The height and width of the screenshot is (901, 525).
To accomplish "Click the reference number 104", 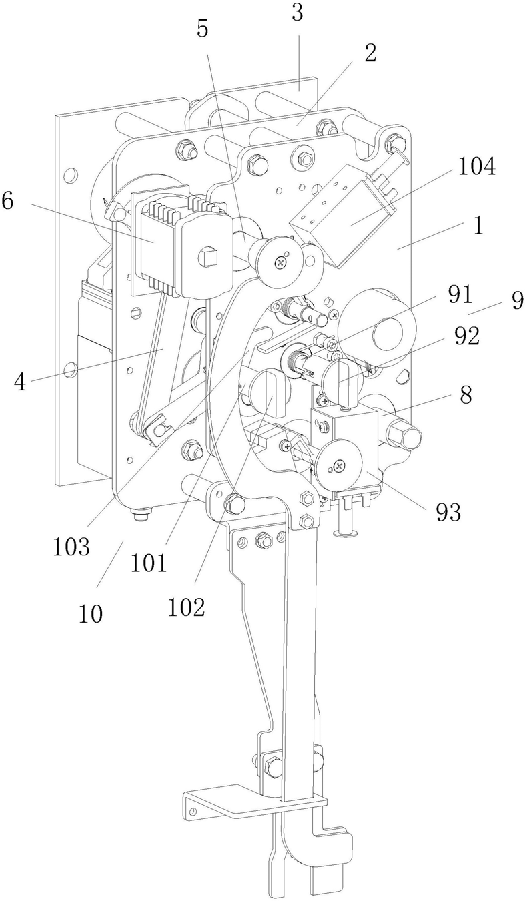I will coord(476,167).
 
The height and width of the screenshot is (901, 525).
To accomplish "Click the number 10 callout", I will coord(91,612).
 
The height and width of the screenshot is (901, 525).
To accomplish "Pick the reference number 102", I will coord(187,606).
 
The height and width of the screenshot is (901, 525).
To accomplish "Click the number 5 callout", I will coord(203,29).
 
